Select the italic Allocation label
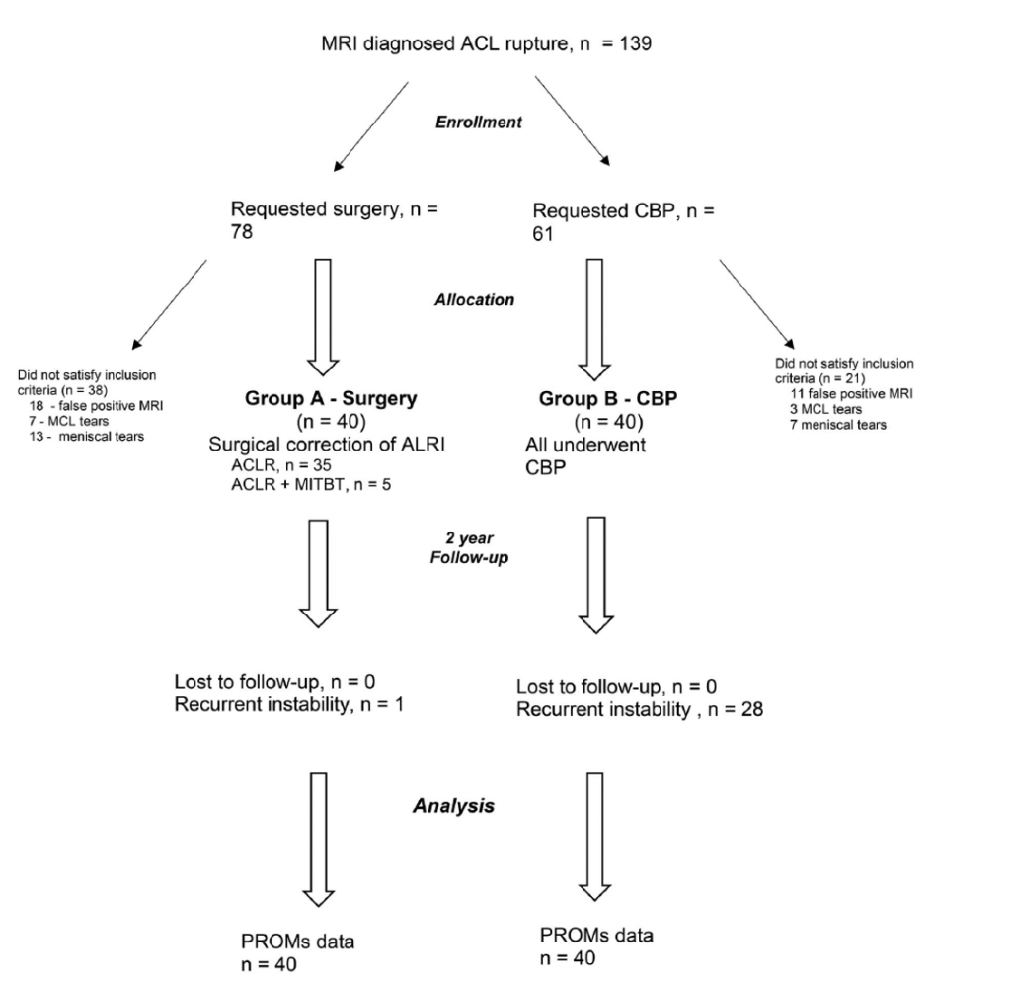point(474,299)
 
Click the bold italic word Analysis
point(453,806)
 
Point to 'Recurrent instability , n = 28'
point(639,711)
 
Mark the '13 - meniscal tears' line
point(85,437)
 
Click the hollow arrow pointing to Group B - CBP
point(593,319)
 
